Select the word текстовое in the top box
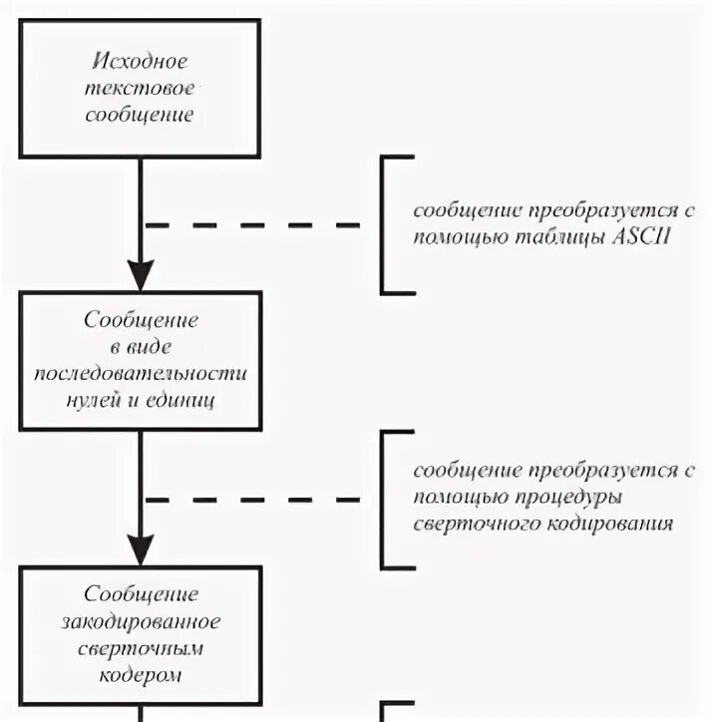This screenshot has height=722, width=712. click(x=140, y=88)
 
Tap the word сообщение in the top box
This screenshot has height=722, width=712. click(x=140, y=114)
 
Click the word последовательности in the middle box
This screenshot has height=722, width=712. click(x=140, y=374)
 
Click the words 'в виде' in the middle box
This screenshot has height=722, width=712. click(x=140, y=348)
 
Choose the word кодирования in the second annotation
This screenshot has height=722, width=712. click(x=619, y=523)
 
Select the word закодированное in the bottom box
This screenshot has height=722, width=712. click(x=140, y=621)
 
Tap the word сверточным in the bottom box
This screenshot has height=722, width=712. click(x=140, y=648)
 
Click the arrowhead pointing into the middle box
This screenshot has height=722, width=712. click(x=141, y=274)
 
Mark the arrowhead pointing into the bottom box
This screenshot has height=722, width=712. click(x=141, y=548)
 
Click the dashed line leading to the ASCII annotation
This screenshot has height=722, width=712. click(x=254, y=225)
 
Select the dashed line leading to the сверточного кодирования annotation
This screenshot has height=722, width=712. click(x=254, y=499)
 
